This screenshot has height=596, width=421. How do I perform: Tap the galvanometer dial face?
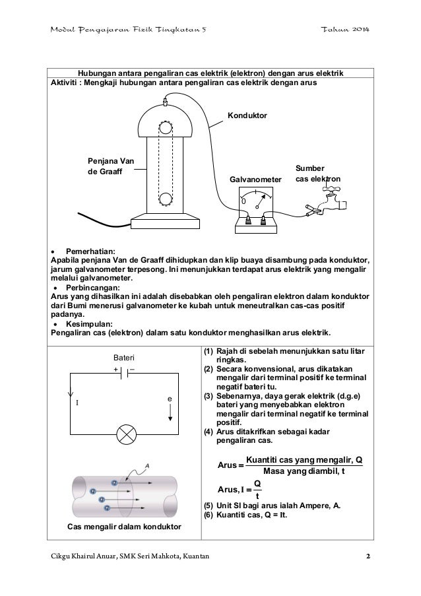[x=254, y=197]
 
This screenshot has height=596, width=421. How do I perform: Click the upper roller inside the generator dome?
[x=164, y=125]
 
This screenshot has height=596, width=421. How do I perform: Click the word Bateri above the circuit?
[x=125, y=356]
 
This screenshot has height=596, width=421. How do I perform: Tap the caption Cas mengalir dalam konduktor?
[x=125, y=525]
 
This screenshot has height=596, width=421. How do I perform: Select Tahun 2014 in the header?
[x=346, y=32]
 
